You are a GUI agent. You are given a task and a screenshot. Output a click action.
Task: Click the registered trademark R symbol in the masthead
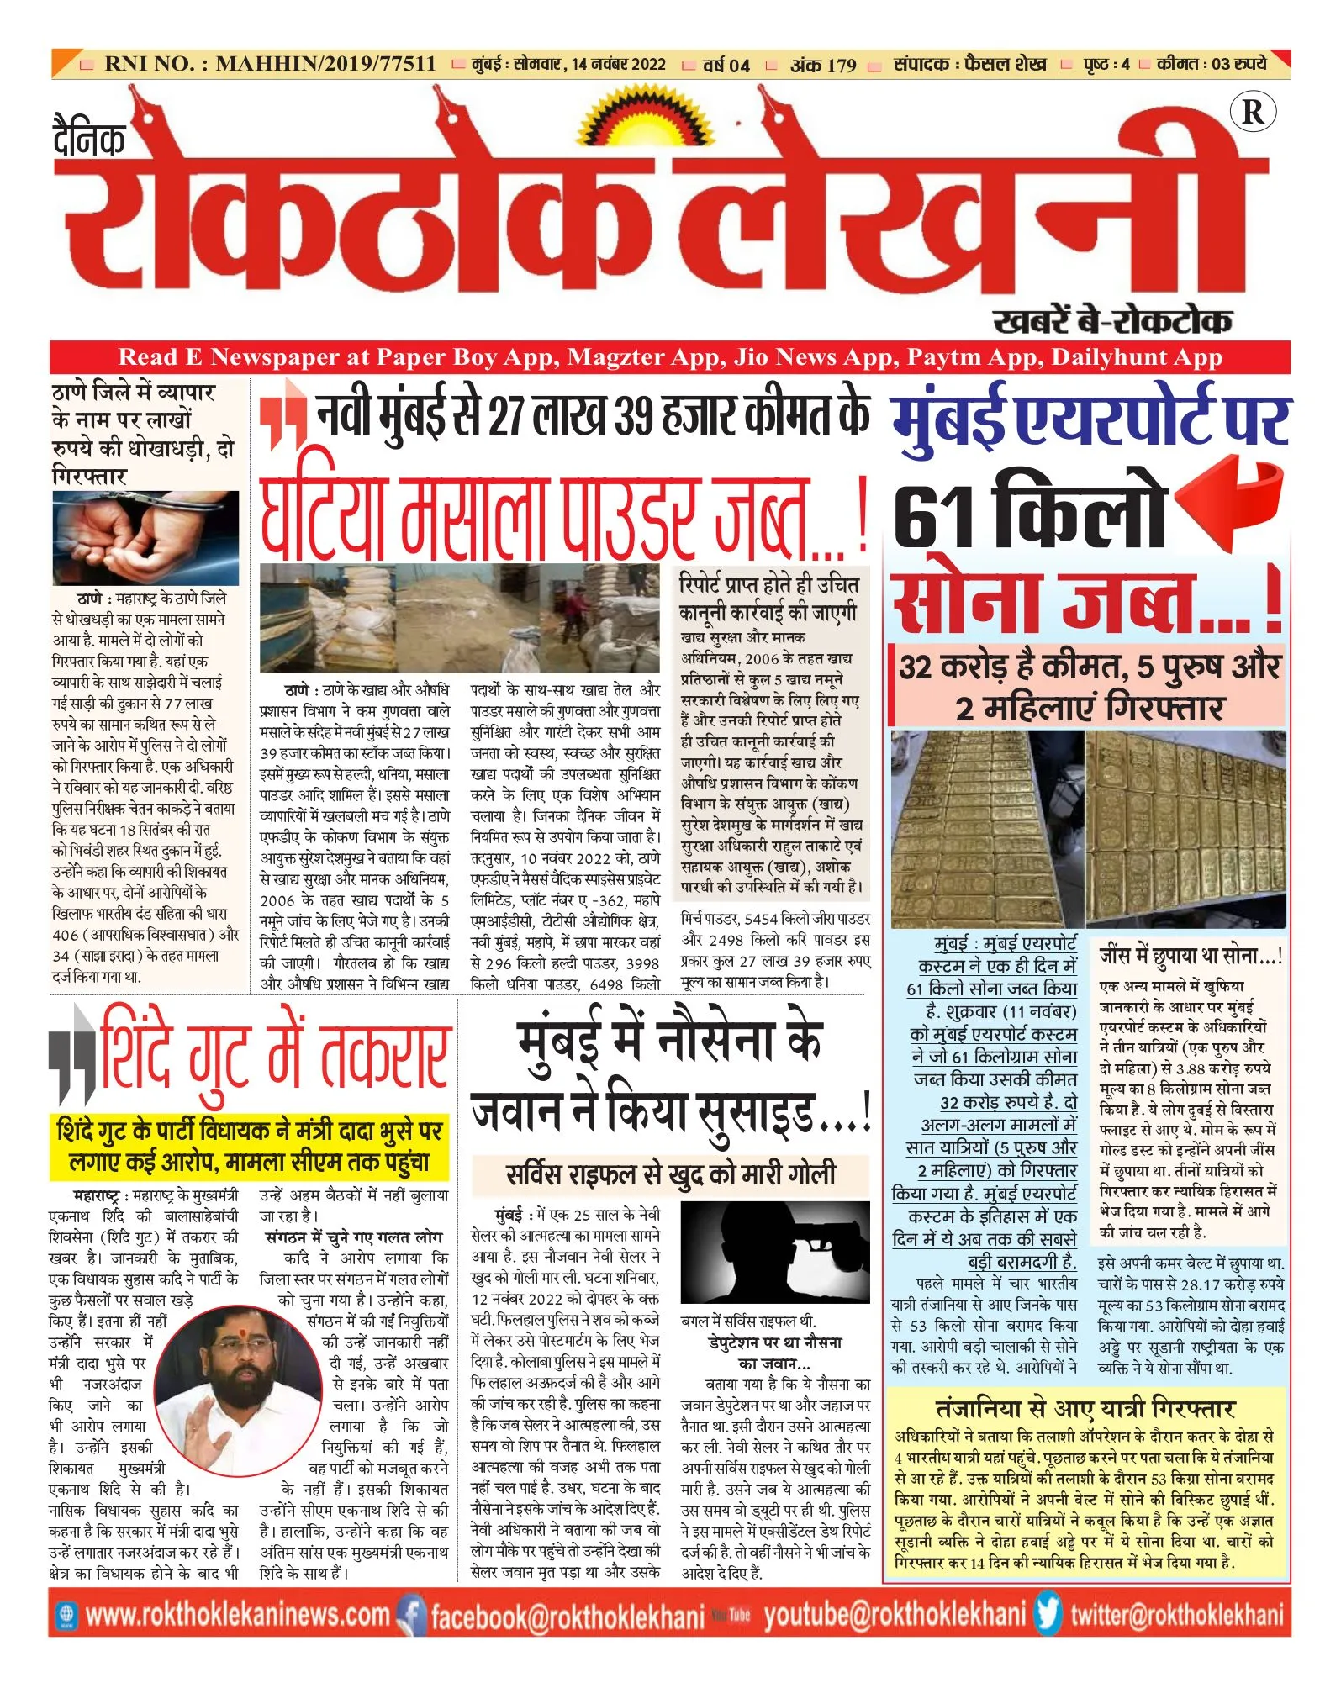(x=1252, y=112)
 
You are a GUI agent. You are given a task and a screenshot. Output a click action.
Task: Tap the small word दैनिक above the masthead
(x=88, y=139)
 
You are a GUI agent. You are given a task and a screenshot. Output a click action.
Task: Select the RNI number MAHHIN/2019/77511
(x=325, y=64)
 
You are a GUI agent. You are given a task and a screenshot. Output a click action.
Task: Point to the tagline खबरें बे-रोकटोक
(x=1111, y=320)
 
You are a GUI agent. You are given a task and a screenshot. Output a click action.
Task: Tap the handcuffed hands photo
(x=145, y=538)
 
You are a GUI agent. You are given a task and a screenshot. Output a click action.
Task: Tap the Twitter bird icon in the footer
(x=1048, y=1615)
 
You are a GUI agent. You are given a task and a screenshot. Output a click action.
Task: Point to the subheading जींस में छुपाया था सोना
(x=1190, y=956)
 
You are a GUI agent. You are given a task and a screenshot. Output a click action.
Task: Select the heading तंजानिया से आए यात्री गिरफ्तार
(x=1085, y=1409)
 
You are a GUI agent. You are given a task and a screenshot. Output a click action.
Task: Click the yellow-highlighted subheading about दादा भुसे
(x=249, y=1145)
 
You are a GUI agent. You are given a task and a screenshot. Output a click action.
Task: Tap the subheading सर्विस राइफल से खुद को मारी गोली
(x=670, y=1173)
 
